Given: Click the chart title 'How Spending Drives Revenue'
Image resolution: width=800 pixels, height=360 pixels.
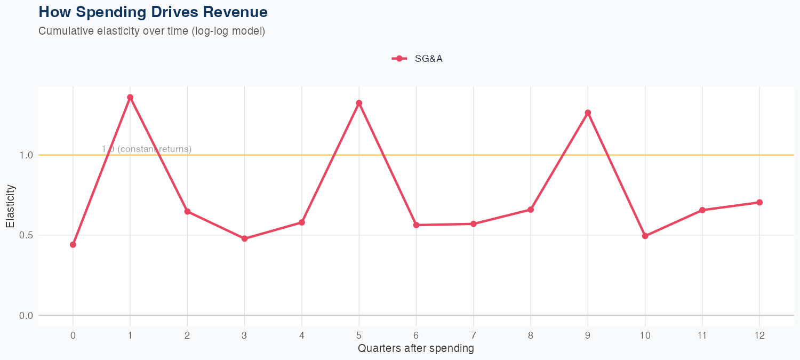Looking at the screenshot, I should coord(153,12).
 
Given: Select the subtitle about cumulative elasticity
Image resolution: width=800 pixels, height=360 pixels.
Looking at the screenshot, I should coord(151,31).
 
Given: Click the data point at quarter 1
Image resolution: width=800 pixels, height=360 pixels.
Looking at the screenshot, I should coord(130,98).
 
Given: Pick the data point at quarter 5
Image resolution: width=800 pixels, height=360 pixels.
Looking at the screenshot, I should coord(359,103).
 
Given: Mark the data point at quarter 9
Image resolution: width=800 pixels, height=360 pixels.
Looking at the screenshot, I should coord(588,113).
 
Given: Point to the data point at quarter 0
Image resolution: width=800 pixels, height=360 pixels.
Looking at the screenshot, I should coord(73,245).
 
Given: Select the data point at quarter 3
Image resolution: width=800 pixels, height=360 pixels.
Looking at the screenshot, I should coord(244,239).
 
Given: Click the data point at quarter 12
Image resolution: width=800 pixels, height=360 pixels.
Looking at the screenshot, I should coord(759,203).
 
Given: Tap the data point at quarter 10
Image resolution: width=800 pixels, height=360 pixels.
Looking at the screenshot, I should coord(645,236).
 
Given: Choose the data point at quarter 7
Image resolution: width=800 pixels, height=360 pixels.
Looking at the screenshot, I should coord(474,224).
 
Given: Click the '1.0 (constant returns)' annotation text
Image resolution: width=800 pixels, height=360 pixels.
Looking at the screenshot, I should coord(146,149).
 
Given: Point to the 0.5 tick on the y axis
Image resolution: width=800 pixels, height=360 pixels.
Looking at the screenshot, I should coord(26,235).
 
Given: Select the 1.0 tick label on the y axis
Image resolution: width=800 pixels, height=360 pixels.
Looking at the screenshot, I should coord(26,155).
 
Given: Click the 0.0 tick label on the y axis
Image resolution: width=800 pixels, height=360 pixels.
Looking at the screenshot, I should coord(26,316).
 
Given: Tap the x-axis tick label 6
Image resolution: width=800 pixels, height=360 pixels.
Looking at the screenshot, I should coord(416,335).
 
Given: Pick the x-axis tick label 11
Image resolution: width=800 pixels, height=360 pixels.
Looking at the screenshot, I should coord(702,335).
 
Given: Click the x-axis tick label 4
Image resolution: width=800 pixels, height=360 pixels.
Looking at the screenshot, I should coord(302,335).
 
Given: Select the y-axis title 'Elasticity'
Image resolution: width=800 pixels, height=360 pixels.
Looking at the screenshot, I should coord(11,206).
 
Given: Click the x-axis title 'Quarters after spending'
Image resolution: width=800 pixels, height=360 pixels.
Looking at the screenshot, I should coord(416,349).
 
